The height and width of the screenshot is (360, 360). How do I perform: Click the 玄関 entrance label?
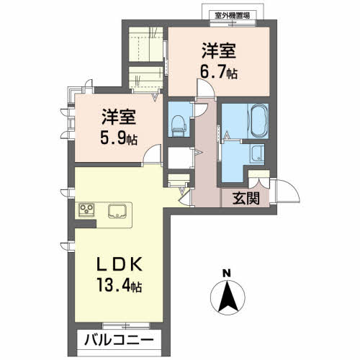(246, 199)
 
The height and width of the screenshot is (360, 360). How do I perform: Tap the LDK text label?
(120, 264)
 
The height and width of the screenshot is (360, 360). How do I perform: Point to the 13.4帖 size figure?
(120, 284)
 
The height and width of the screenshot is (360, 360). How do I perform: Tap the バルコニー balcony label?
(119, 340)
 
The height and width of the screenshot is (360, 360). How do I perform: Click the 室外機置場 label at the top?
(233, 16)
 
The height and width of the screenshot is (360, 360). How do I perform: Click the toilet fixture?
(179, 126)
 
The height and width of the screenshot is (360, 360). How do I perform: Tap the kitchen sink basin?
(117, 211)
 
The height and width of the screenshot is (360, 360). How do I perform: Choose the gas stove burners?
(86, 210)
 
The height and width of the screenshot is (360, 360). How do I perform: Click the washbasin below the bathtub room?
(257, 153)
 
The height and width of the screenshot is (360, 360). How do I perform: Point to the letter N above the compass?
(226, 274)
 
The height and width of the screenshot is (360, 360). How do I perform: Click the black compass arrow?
(228, 297)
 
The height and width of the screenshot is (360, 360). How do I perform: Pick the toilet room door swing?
(201, 110)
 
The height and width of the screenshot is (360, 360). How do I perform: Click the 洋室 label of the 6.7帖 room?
(219, 51)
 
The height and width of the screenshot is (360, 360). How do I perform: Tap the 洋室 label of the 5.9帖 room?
(119, 117)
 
